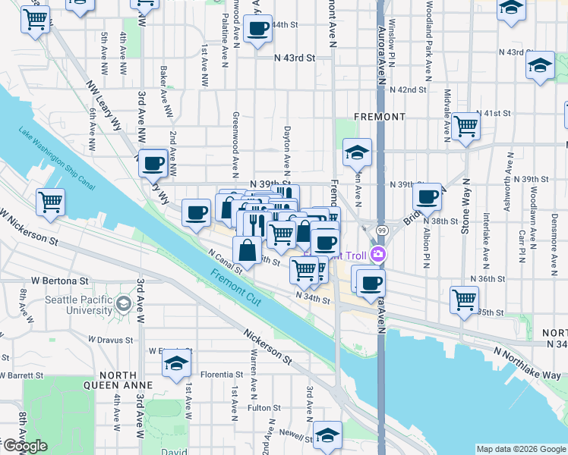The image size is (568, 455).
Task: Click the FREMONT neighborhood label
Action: (x=380, y=117)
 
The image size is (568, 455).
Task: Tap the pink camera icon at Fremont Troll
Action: (x=377, y=256)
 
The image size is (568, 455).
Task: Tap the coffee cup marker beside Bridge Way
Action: (x=428, y=196)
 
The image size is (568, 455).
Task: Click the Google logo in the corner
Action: (x=25, y=446)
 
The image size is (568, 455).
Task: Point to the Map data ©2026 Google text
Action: (x=520, y=449)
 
